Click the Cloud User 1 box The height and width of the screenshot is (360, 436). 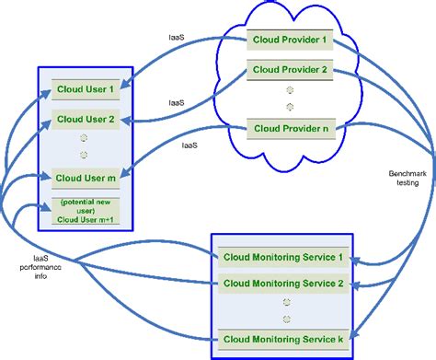tap(86, 90)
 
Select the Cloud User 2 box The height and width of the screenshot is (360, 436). tap(86, 119)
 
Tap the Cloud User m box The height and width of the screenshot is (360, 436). tap(86, 177)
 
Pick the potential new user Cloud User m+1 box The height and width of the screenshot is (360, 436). tap(86, 212)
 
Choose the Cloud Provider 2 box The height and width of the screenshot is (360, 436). tap(290, 70)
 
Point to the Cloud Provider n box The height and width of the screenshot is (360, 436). tap(290, 127)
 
